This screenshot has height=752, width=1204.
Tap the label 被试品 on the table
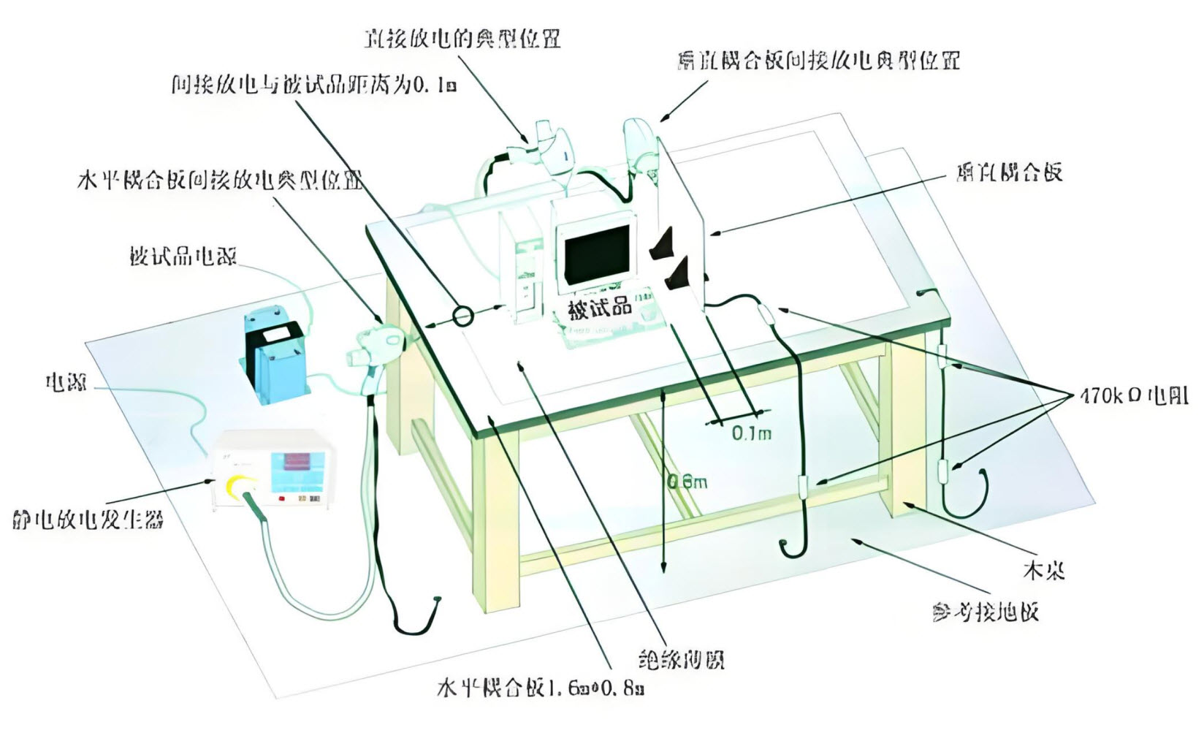point(600,308)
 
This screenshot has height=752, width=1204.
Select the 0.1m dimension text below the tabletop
point(751,433)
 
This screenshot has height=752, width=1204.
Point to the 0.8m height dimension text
point(687,482)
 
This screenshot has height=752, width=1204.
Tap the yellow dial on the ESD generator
point(240,487)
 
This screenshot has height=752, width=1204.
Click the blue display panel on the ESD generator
point(295,471)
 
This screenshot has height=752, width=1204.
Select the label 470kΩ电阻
point(1133,397)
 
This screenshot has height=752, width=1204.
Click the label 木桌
point(1043,569)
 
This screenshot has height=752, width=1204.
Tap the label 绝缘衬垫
point(681,661)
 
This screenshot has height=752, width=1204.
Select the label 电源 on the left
point(66,381)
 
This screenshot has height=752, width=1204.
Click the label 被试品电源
point(183,257)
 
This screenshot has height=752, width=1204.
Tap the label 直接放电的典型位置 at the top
point(462,39)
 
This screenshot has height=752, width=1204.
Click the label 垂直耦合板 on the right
point(1008,173)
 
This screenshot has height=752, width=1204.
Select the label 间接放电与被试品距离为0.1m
point(313,85)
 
